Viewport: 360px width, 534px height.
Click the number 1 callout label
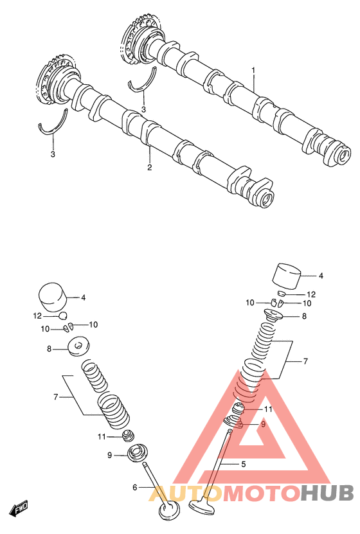pos(253,70)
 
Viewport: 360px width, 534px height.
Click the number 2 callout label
pos(150,167)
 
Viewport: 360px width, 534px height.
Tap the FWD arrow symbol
pos(19,508)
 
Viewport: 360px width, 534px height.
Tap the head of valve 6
pos(170,512)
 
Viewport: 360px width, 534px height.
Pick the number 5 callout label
pos(243,464)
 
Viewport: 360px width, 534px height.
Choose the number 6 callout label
pos(135,488)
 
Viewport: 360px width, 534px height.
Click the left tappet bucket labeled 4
pos(53,298)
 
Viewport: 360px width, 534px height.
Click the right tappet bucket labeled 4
pos(288,276)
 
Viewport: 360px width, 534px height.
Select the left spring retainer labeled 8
pos(80,347)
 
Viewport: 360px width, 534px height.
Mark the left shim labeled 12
pos(62,316)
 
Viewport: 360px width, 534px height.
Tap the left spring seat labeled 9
pos(138,454)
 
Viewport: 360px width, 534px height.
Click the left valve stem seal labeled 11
pos(129,436)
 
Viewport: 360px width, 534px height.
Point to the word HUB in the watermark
pos(327,493)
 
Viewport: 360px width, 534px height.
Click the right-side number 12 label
pos(311,294)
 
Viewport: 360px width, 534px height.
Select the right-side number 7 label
pos(305,361)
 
